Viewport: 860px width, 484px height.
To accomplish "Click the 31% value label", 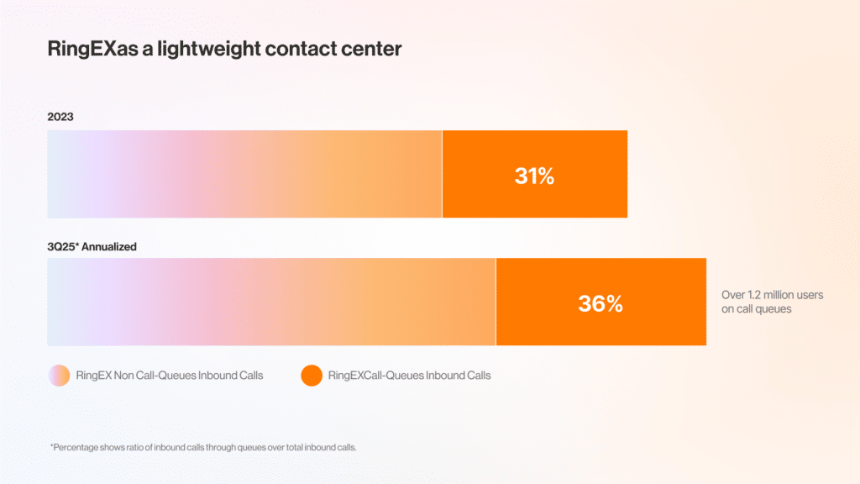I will (534, 176).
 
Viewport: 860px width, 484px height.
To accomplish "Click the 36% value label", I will (600, 303).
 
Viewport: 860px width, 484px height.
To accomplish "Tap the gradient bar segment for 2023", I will (244, 174).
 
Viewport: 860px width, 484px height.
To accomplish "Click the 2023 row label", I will (60, 117).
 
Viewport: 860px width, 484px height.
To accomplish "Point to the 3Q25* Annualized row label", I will (92, 247).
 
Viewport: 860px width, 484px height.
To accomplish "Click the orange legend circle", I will (312, 376).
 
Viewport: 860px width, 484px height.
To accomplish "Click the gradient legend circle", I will (60, 376).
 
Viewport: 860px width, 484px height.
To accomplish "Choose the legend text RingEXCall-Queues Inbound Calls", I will (409, 376).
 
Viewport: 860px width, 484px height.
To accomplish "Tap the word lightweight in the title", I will (202, 50).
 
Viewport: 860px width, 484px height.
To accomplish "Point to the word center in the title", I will (371, 50).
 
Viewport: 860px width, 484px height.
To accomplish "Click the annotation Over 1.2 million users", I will (772, 295).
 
